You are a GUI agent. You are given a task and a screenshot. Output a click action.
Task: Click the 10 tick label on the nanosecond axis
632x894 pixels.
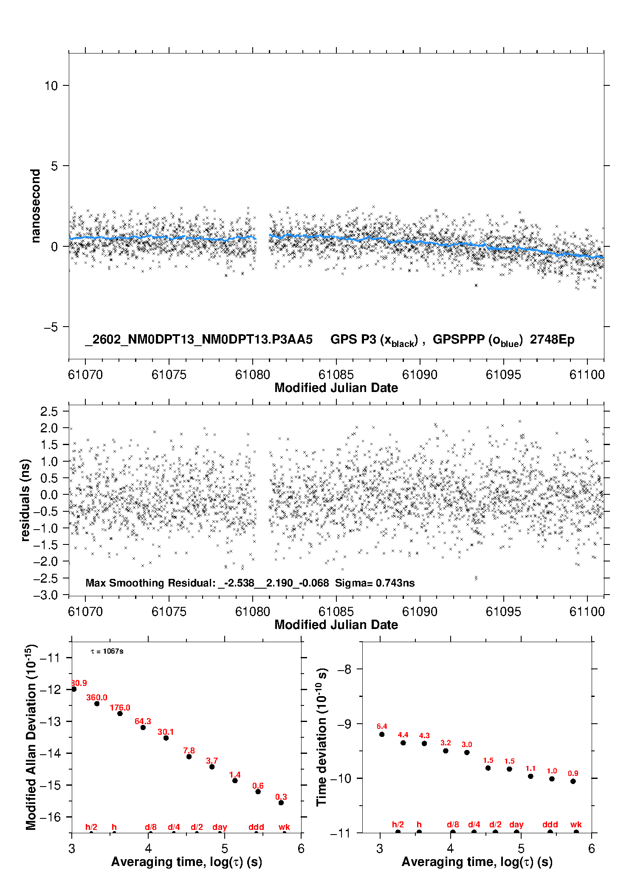click(51, 85)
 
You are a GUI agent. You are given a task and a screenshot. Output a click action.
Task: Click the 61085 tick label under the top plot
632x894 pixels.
click(336, 375)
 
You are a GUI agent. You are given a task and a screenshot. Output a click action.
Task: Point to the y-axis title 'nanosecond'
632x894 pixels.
click(35, 206)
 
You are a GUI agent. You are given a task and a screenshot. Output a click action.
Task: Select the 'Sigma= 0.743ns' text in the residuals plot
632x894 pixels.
click(375, 583)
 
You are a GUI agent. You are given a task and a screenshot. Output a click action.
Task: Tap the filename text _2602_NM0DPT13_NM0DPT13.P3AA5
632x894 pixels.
click(199, 339)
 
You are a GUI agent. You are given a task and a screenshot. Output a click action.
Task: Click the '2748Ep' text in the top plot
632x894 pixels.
click(552, 340)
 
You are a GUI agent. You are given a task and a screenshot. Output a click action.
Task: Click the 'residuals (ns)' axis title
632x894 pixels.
click(25, 500)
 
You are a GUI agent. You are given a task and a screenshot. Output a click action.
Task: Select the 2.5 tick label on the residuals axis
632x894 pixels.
click(49, 411)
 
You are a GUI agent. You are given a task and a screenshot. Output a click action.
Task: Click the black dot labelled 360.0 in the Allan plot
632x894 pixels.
click(97, 704)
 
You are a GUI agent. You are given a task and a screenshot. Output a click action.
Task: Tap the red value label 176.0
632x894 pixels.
click(120, 708)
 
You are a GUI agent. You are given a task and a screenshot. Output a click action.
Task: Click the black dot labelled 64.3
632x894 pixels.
click(143, 728)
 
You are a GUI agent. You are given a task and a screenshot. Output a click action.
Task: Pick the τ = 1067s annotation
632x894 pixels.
click(107, 651)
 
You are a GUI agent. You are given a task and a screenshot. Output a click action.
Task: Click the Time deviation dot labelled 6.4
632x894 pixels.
click(382, 734)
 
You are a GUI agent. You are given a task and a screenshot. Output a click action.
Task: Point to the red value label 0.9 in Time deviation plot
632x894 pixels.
click(573, 773)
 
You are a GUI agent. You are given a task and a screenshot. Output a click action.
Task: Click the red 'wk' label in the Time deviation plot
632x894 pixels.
click(576, 824)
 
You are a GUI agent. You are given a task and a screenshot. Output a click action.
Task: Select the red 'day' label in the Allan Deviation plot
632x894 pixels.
click(220, 827)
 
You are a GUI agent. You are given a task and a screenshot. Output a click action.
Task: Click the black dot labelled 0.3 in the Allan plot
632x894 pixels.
click(281, 803)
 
